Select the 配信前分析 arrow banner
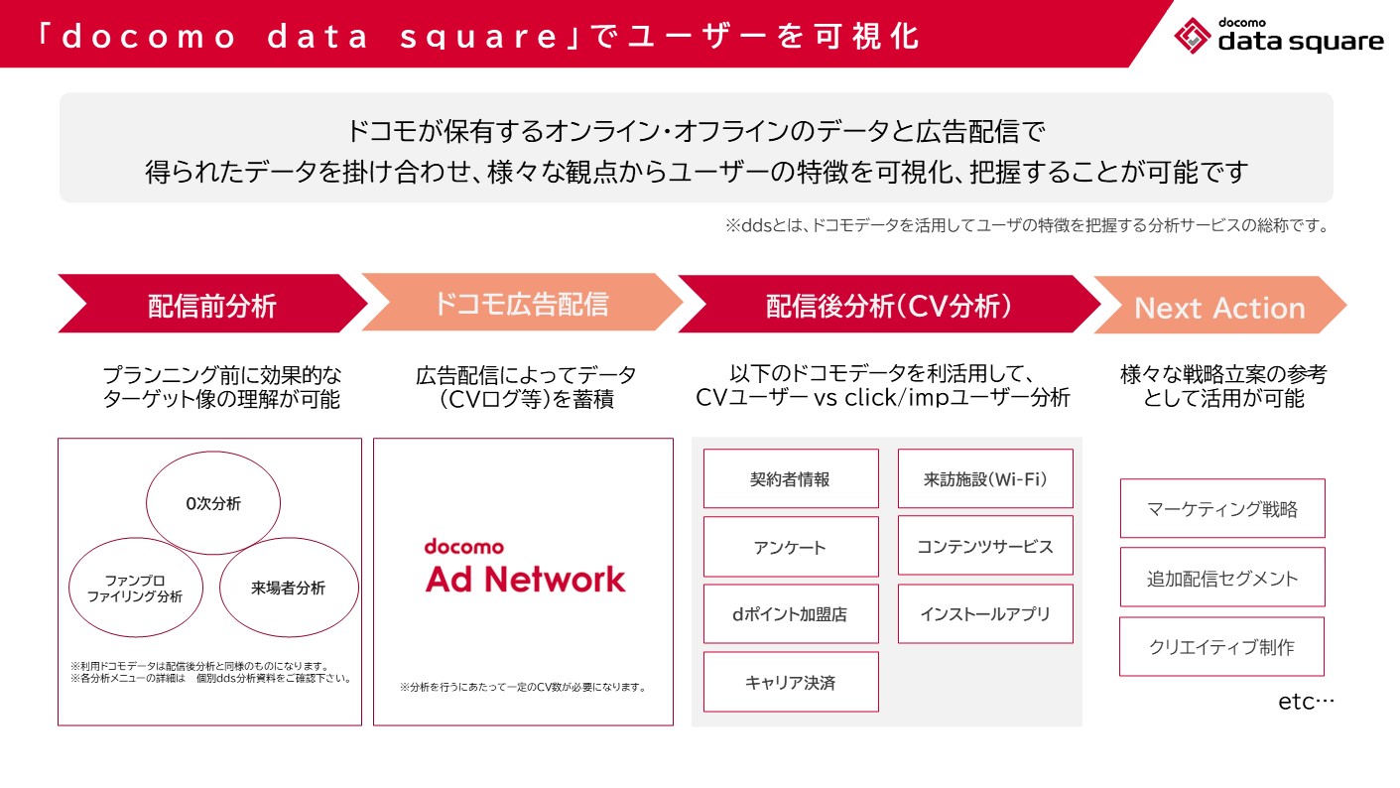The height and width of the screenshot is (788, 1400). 212,305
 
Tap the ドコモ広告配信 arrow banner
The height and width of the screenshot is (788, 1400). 521,303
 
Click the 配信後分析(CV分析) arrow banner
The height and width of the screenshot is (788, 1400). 889,306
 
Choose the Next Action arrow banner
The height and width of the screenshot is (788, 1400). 1219,307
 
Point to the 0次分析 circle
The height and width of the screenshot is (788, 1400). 213,503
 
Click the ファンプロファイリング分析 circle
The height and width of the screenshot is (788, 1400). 136,589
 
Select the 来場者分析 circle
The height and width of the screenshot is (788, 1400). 288,588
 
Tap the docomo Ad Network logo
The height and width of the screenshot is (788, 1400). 525,566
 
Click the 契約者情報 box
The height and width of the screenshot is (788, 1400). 791,478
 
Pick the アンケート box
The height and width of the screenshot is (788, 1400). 791,547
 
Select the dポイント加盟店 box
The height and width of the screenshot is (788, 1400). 791,614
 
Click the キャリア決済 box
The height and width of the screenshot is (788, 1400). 791,682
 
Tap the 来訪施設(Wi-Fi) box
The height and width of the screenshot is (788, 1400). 985,478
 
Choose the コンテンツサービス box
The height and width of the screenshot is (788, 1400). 985,546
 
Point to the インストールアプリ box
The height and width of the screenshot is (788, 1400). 985,613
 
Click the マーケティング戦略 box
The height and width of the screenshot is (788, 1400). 1222,509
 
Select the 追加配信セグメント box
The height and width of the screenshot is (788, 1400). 1222,578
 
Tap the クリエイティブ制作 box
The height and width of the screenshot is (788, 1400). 1222,646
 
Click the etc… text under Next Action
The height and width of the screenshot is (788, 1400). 1306,702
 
